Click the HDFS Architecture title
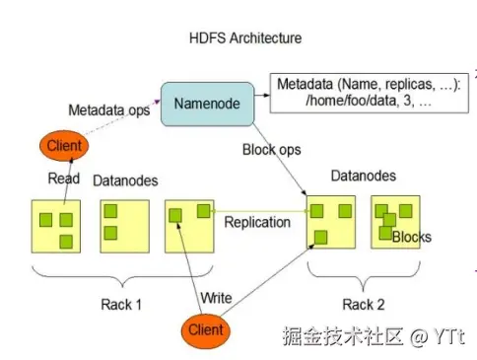coord(244,37)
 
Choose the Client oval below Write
coord(206,327)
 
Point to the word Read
coord(64,179)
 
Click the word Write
coord(216,298)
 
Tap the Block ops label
coord(270,150)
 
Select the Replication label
coord(257,222)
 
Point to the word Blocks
coord(411,238)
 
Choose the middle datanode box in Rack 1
coord(124,225)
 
